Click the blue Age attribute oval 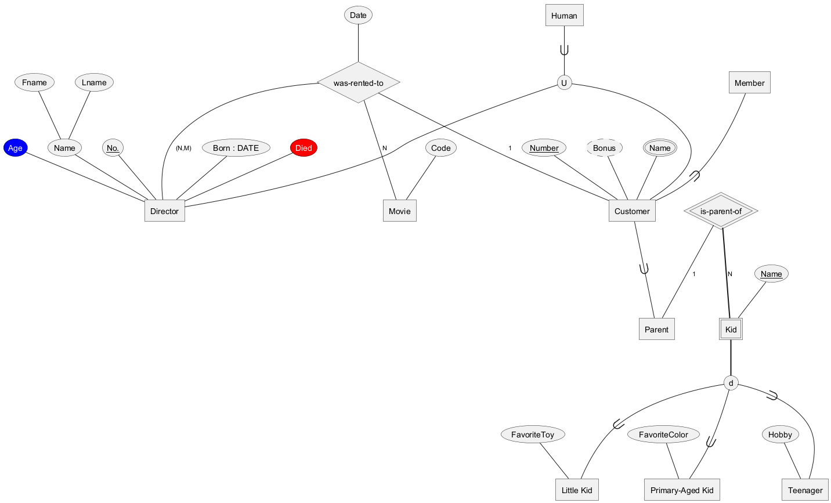pyautogui.click(x=15, y=148)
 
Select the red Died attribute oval pyautogui.click(x=304, y=148)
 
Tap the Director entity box pyautogui.click(x=164, y=211)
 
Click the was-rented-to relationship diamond pyautogui.click(x=359, y=83)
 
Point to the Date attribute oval pyautogui.click(x=358, y=15)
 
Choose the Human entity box pyautogui.click(x=564, y=16)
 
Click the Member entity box pyautogui.click(x=749, y=83)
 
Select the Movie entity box pyautogui.click(x=399, y=211)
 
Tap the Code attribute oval pyautogui.click(x=440, y=148)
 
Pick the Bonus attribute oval pyautogui.click(x=604, y=148)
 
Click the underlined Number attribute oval pyautogui.click(x=544, y=148)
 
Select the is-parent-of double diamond pyautogui.click(x=721, y=211)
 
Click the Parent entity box pyautogui.click(x=656, y=330)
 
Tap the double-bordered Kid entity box pyautogui.click(x=731, y=330)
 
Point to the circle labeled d pyautogui.click(x=731, y=383)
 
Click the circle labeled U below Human pyautogui.click(x=563, y=83)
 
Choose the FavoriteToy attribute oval pyautogui.click(x=533, y=435)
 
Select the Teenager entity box pyautogui.click(x=805, y=490)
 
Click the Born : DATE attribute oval pyautogui.click(x=236, y=148)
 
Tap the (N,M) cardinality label pyautogui.click(x=183, y=149)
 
